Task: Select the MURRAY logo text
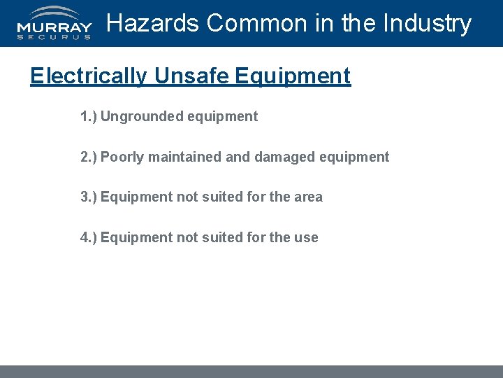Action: pos(54,28)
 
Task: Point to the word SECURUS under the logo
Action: pos(54,37)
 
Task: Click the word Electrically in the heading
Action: pos(89,76)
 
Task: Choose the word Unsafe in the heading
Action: pos(191,76)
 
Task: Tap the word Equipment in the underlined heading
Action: pos(293,76)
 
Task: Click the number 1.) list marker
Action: pos(88,116)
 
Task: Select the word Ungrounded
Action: pos(142,116)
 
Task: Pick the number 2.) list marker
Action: pos(88,157)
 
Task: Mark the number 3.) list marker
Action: pos(88,197)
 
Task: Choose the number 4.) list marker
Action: pos(88,237)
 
